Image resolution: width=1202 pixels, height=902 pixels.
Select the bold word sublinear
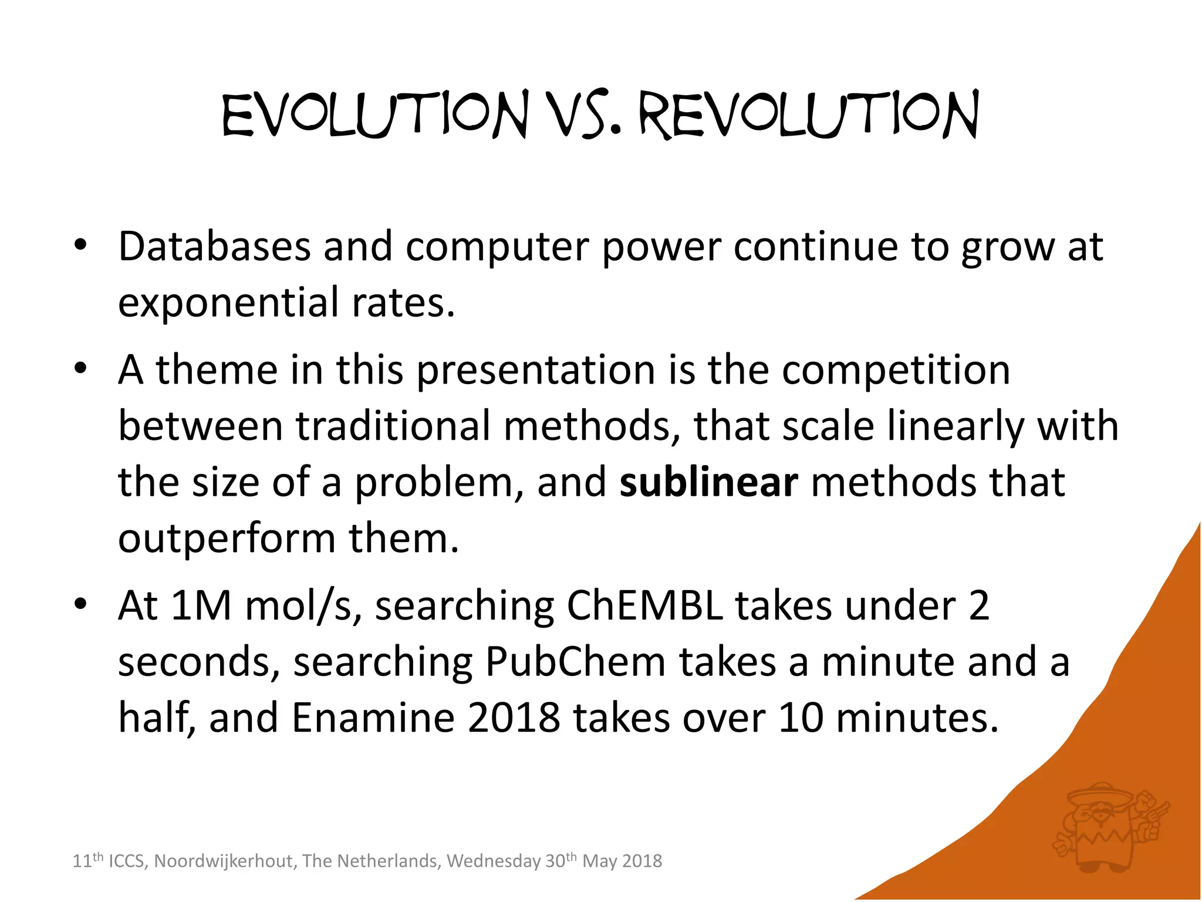click(x=708, y=482)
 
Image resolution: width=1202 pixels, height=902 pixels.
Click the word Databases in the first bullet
click(x=214, y=247)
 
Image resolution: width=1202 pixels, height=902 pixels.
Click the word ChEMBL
click(x=644, y=605)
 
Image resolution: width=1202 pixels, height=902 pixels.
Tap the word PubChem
click(x=575, y=662)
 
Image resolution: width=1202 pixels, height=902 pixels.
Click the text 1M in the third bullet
click(x=201, y=605)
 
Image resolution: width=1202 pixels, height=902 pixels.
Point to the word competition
click(x=896, y=371)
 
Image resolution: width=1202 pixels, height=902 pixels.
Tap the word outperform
click(x=227, y=538)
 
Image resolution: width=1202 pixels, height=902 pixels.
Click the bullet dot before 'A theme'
click(x=80, y=369)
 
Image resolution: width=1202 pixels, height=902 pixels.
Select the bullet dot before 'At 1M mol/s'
click(x=80, y=604)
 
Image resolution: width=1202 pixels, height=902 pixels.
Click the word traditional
click(x=393, y=426)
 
